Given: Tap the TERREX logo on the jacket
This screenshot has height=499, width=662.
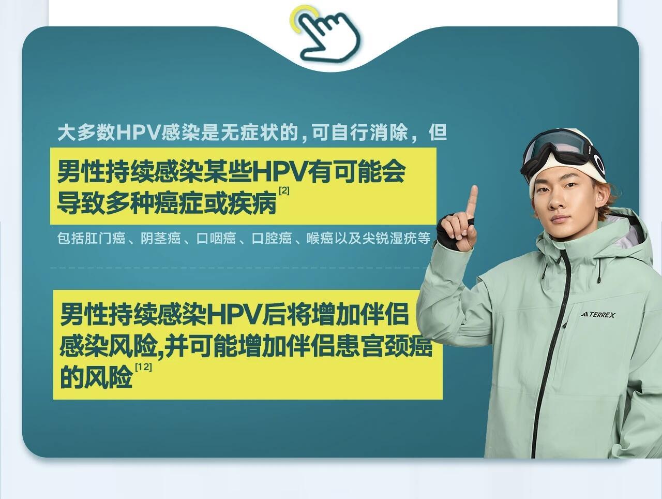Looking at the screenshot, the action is click(x=598, y=315).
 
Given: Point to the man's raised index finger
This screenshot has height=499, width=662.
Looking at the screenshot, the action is click(x=471, y=202).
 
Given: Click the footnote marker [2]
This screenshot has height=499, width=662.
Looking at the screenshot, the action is click(x=284, y=190).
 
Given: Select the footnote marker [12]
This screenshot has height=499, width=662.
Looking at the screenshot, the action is click(x=143, y=367).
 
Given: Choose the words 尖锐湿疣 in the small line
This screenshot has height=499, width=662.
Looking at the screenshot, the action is click(x=389, y=238).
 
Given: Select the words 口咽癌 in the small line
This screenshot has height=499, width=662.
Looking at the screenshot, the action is click(x=216, y=238).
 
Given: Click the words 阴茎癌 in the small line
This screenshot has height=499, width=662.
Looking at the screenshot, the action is click(x=160, y=238).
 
